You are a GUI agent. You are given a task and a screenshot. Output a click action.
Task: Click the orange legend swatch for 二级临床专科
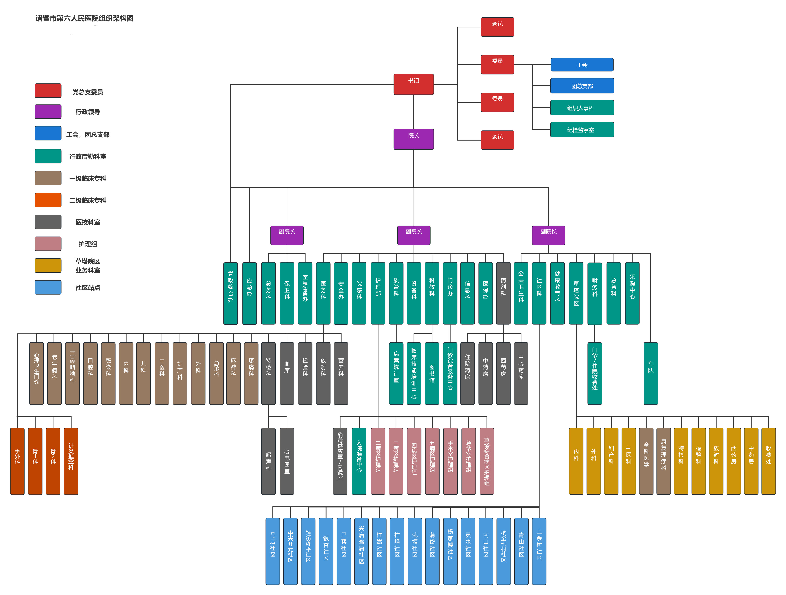click(x=48, y=200)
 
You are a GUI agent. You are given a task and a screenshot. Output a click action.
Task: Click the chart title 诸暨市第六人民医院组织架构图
click(x=85, y=18)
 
